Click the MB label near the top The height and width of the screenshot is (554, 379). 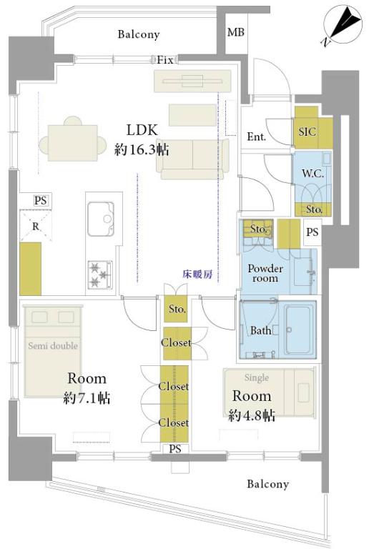pos(235,32)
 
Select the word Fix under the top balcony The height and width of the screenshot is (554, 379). pos(167,59)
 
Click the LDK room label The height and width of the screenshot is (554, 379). pos(142,130)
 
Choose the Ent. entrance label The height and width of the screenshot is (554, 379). pos(257,136)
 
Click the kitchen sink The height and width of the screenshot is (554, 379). pos(100,218)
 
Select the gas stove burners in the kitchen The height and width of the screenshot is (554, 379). pos(99,272)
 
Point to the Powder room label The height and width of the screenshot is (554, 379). pos(265,273)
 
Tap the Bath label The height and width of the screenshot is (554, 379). pos(260,330)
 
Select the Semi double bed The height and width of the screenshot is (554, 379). pos(54,350)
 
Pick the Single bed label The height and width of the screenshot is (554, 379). pos(256,377)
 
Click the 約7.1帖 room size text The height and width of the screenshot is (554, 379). pos(87,397)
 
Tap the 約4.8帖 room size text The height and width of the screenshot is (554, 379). pos(252,415)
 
